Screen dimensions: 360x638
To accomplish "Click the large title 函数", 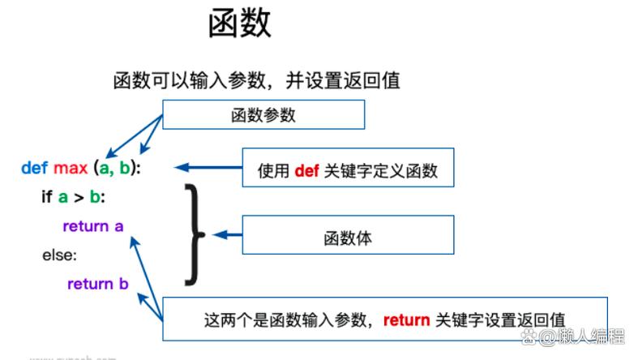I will point(239,25).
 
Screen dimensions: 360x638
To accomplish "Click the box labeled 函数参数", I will point(263,114).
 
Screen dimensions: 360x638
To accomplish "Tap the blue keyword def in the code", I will point(34,169).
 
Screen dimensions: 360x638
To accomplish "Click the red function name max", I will point(70,169).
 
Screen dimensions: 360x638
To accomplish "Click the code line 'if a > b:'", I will point(73,196).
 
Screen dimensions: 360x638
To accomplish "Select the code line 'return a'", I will point(92,226).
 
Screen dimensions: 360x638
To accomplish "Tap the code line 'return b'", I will point(97,284).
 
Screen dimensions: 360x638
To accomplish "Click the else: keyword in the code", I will point(59,255).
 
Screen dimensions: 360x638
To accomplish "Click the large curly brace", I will point(193,234).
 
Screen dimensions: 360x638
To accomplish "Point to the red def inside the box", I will point(306,170).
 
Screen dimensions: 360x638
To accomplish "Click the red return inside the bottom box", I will point(406,319).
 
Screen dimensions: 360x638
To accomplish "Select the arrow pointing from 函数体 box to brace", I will point(227,235).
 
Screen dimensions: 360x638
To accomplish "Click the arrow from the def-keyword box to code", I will point(208,168).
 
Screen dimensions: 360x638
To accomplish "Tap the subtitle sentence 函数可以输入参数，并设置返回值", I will point(256,80).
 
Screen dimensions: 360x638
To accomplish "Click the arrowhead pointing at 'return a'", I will point(135,242).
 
